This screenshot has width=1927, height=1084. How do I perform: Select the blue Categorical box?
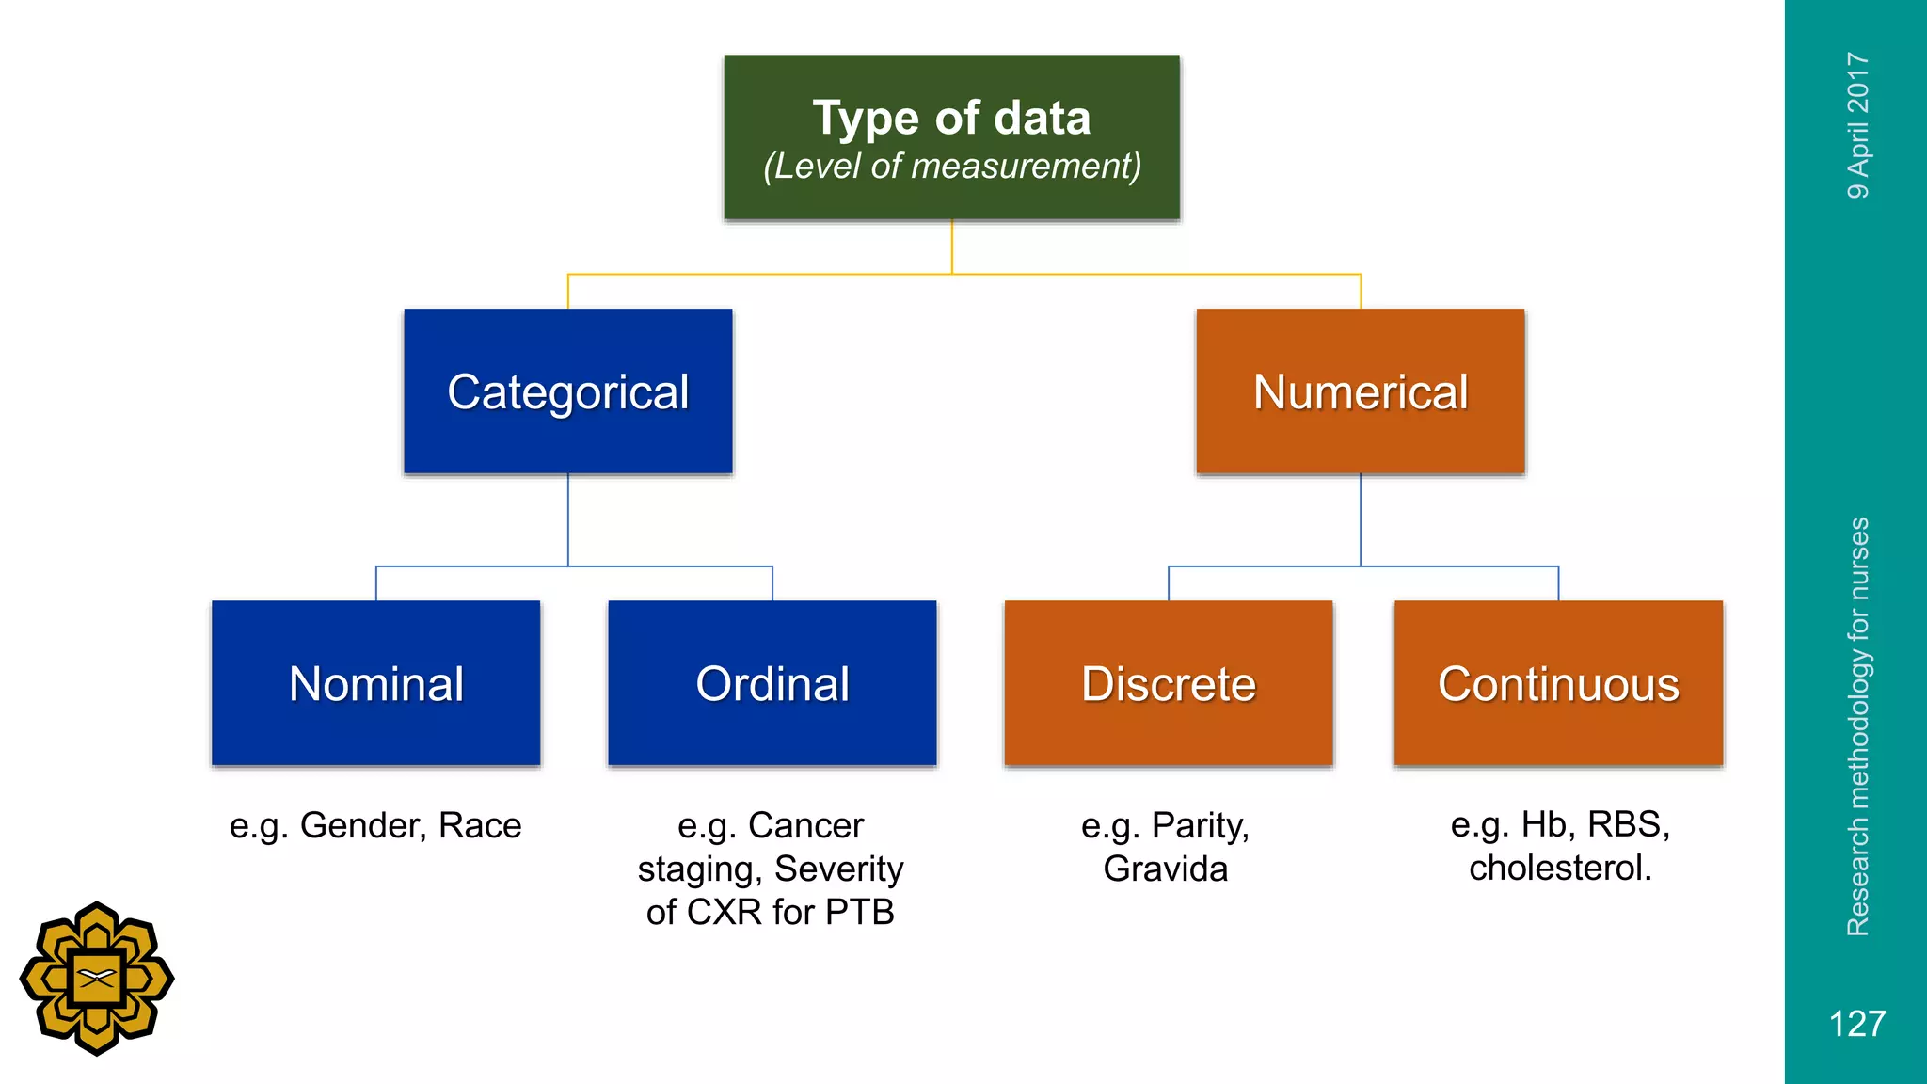(x=567, y=391)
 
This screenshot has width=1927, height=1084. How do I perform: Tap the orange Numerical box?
(x=1360, y=391)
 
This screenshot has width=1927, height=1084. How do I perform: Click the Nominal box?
(x=375, y=683)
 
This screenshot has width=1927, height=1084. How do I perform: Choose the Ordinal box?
(x=772, y=683)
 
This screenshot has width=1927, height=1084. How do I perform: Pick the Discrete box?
(x=1168, y=683)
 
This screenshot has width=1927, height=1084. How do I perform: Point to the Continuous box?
(x=1558, y=683)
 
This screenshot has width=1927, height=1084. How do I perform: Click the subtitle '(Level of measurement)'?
(x=951, y=167)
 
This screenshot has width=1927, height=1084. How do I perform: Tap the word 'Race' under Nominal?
(x=480, y=825)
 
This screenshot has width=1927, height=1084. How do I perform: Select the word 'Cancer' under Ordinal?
(x=805, y=825)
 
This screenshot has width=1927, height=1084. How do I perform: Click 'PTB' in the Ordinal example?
(x=859, y=912)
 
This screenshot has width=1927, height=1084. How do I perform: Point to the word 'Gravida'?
(x=1165, y=869)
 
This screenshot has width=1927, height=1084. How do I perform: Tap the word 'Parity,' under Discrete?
(x=1201, y=825)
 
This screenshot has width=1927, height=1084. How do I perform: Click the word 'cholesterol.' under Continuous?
(x=1560, y=868)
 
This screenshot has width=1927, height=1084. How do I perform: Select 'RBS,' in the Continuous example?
(x=1628, y=824)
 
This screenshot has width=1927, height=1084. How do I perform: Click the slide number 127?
(x=1856, y=1024)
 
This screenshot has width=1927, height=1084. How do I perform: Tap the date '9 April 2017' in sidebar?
(x=1857, y=125)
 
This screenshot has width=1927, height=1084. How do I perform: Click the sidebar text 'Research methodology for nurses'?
(x=1857, y=726)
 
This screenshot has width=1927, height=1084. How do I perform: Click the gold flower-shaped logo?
(x=97, y=979)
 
